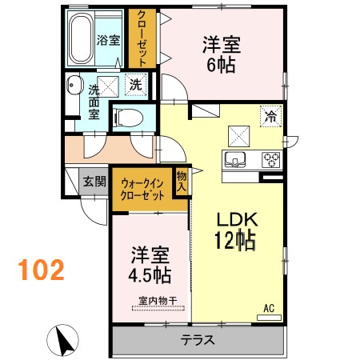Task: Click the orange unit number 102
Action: tap(38, 270)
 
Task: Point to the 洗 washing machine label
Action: tap(136, 85)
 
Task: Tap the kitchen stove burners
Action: tap(268, 157)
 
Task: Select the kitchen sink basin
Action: tap(238, 157)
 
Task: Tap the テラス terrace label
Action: tap(197, 339)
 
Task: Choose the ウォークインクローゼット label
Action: tap(142, 190)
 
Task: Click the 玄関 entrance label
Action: tap(94, 182)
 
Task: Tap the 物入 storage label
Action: tap(182, 181)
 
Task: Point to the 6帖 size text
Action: tap(219, 65)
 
